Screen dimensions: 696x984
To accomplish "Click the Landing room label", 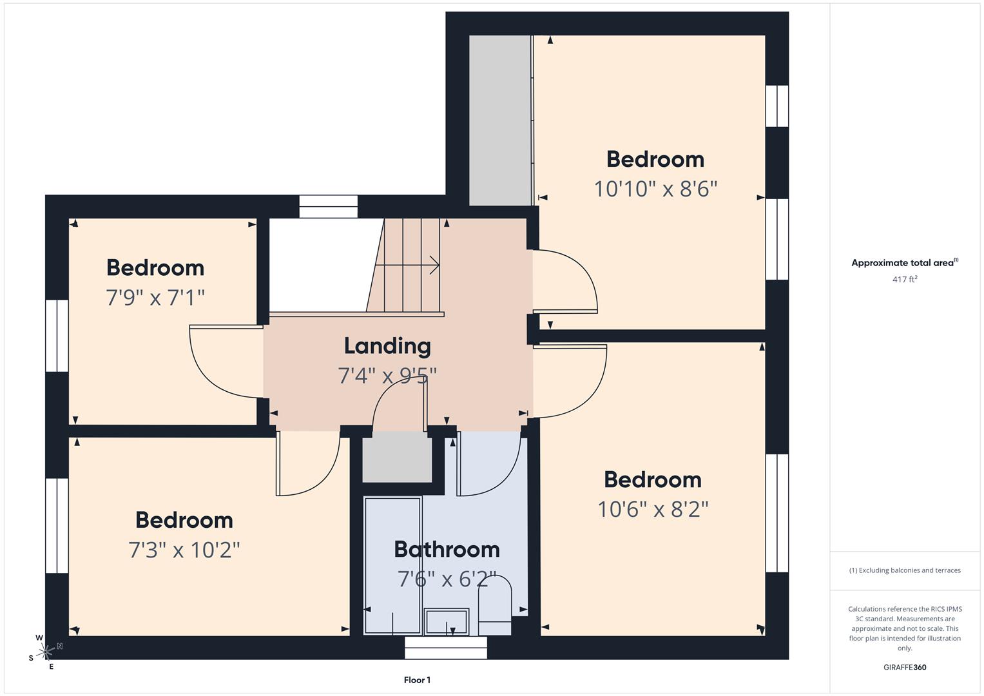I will (x=387, y=346).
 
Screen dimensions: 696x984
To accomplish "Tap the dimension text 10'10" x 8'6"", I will (x=655, y=189).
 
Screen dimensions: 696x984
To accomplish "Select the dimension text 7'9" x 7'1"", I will (x=155, y=298).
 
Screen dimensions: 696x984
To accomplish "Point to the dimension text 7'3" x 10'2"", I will (x=184, y=550).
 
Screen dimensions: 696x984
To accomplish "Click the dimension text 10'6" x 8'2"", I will (x=653, y=509).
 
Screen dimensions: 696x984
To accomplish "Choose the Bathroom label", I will (x=447, y=549).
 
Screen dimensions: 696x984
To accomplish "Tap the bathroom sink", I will (x=446, y=621).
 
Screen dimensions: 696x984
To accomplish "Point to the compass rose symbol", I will (x=46, y=652).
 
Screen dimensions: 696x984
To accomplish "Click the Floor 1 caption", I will (x=417, y=680).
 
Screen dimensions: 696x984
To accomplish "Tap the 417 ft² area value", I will (x=905, y=279).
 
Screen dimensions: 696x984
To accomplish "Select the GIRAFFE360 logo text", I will (x=905, y=667).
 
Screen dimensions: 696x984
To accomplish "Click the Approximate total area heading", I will (x=905, y=263).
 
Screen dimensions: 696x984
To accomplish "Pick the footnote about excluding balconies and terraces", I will (x=905, y=570).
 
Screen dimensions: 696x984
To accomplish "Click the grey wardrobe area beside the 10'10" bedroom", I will (x=499, y=121).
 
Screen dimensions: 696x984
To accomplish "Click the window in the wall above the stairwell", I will (x=329, y=206).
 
